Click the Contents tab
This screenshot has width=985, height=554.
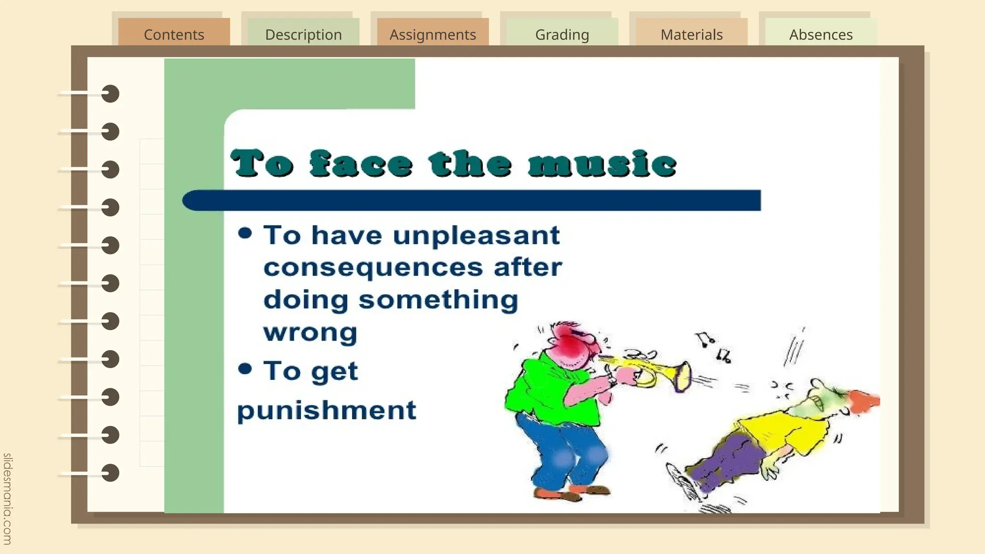174,34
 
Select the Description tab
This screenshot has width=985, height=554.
303,34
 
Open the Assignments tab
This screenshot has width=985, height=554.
432,34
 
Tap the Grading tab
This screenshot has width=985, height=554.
562,34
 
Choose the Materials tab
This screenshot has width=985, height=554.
691,34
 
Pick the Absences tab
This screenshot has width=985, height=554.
821,34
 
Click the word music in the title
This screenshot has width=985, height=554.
602,164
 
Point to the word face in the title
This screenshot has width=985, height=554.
361,164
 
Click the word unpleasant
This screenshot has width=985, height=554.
476,236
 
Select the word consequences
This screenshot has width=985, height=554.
373,268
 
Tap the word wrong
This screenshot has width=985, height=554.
310,332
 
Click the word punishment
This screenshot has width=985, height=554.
327,411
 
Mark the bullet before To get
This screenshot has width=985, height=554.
245,369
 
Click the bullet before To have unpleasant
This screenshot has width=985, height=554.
245,233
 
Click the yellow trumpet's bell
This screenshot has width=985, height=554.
682,377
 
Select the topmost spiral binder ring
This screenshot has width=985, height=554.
110,94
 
